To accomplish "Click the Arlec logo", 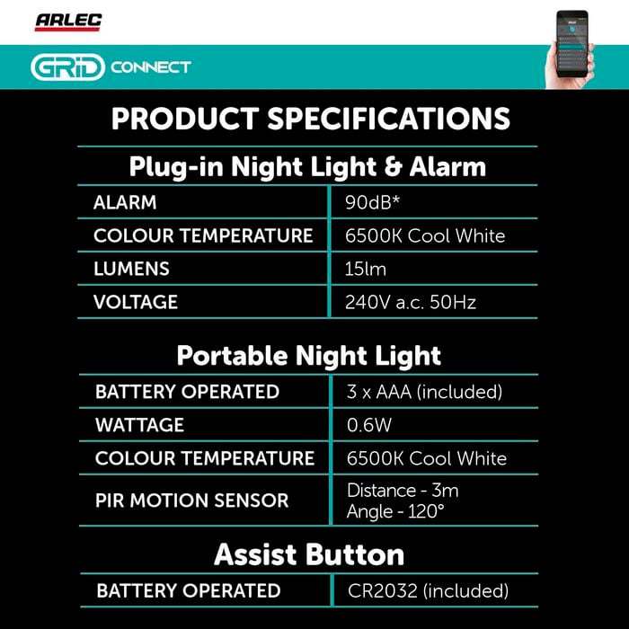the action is coord(68,22).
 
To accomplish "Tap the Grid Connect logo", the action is coord(111,67).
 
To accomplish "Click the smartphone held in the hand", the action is coord(572,44).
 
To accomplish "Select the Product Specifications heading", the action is coord(311,119).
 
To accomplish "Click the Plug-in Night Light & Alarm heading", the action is coord(307,167).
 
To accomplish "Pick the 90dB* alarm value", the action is coord(372,202).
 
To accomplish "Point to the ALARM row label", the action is coord(125,202).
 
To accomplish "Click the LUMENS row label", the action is coord(131,269).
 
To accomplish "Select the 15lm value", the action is coord(366,269).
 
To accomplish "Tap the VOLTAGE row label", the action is coord(135,302).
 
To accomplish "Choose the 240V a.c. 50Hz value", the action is coord(411,302).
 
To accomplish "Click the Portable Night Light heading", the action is coord(308,356).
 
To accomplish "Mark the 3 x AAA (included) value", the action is coord(424,392).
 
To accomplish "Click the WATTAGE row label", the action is coord(139,425).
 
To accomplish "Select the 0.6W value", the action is coord(369,425).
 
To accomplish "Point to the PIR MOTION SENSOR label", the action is coord(191,501).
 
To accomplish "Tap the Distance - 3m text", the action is coord(403,491).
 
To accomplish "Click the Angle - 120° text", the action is coord(395,511).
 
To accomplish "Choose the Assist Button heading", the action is coord(309,554).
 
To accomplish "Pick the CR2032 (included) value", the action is coord(428,591).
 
